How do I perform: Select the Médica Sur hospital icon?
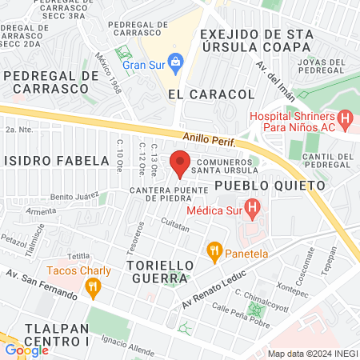click(x=253, y=211)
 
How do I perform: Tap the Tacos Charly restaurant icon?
click(x=93, y=286)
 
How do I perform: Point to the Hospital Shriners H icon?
click(x=345, y=122)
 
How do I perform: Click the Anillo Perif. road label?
click(x=210, y=141)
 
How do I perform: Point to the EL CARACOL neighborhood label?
click(x=211, y=94)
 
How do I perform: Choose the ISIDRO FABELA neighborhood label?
click(x=55, y=160)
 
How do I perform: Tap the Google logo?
click(x=26, y=350)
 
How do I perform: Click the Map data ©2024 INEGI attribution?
click(x=312, y=353)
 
